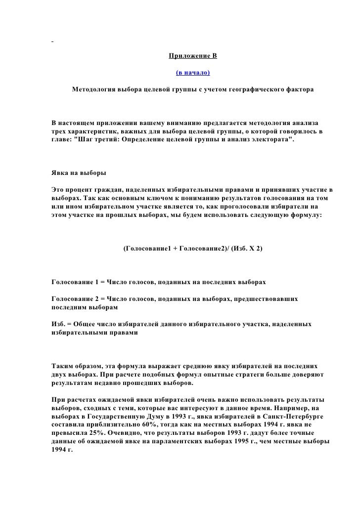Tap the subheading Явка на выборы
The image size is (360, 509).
pos(78,174)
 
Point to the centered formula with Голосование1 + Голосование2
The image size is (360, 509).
pos(193,249)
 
